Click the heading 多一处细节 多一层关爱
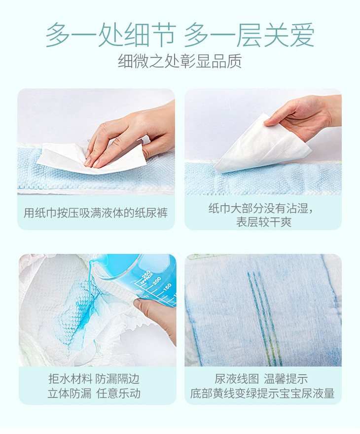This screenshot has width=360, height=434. click(180, 35)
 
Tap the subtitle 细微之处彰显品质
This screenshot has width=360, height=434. click(180, 61)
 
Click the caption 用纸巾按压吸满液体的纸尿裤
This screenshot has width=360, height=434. click(96, 213)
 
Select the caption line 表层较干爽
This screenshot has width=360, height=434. click(264, 222)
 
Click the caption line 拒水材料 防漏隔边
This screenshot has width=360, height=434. click(94, 379)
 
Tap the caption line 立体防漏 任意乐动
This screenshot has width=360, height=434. click(94, 394)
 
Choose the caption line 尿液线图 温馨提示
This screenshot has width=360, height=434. click(261, 379)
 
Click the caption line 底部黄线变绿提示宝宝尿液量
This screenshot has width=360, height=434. click(262, 394)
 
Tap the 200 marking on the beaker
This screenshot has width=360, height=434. click(157, 281)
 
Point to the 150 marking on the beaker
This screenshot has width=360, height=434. click(167, 287)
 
